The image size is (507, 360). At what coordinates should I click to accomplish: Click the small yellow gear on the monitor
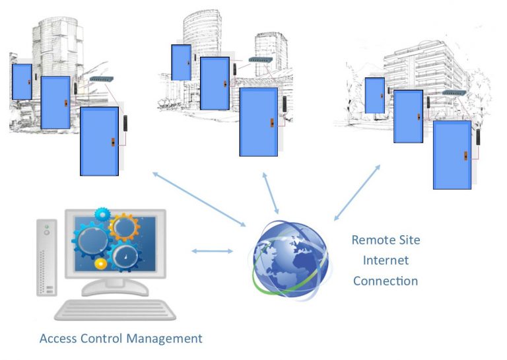click(x=100, y=264)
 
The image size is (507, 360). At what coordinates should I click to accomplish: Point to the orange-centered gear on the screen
click(x=123, y=227)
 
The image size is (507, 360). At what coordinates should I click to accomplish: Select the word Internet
click(x=386, y=260)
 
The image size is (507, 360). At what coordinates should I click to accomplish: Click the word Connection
click(x=386, y=281)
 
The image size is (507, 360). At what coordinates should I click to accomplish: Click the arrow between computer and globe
click(x=212, y=251)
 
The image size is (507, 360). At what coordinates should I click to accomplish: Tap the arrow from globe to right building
click(x=357, y=192)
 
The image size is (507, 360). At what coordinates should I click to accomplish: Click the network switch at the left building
click(x=102, y=79)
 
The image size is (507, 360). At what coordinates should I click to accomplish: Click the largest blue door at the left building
click(x=99, y=141)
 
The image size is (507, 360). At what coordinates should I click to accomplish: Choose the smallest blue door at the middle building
click(x=180, y=62)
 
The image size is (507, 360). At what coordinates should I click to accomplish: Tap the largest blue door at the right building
click(x=452, y=155)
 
